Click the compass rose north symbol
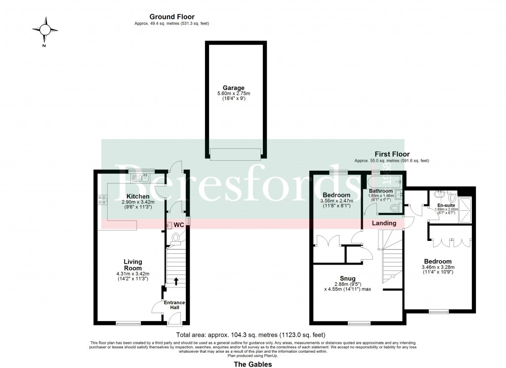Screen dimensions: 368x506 click(x=45, y=31)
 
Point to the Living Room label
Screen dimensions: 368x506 click(x=133, y=265)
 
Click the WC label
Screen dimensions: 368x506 click(x=178, y=225)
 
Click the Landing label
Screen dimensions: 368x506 click(x=384, y=223)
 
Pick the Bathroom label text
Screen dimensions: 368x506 click(x=380, y=191)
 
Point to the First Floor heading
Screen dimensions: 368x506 click(x=392, y=154)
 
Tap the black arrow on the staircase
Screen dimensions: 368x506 click(x=176, y=281)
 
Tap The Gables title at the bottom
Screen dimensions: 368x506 click(x=252, y=363)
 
